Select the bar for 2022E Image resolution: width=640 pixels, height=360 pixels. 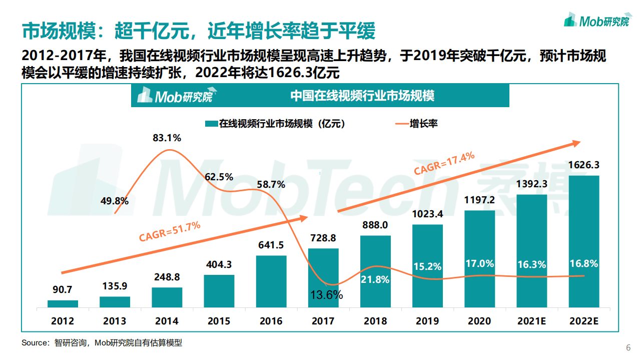point(584,241)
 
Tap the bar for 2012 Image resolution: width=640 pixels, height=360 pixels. point(63,303)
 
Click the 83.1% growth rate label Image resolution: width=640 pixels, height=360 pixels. point(167,138)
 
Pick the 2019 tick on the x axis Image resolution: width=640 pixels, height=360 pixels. point(427,321)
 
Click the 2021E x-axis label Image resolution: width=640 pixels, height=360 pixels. point(531,321)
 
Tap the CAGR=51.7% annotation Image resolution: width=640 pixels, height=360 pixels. point(170,232)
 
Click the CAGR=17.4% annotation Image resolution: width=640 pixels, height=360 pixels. point(444,163)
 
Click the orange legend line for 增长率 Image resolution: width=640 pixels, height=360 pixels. point(400,124)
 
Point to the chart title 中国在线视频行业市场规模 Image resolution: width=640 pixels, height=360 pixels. point(362,96)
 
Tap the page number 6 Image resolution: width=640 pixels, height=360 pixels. point(628,348)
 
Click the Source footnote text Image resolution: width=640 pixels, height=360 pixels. point(102,343)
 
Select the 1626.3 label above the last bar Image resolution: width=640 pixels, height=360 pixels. point(584,165)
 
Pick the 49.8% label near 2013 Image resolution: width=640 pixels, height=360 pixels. point(115,201)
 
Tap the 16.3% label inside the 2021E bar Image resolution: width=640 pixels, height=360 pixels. point(531,264)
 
